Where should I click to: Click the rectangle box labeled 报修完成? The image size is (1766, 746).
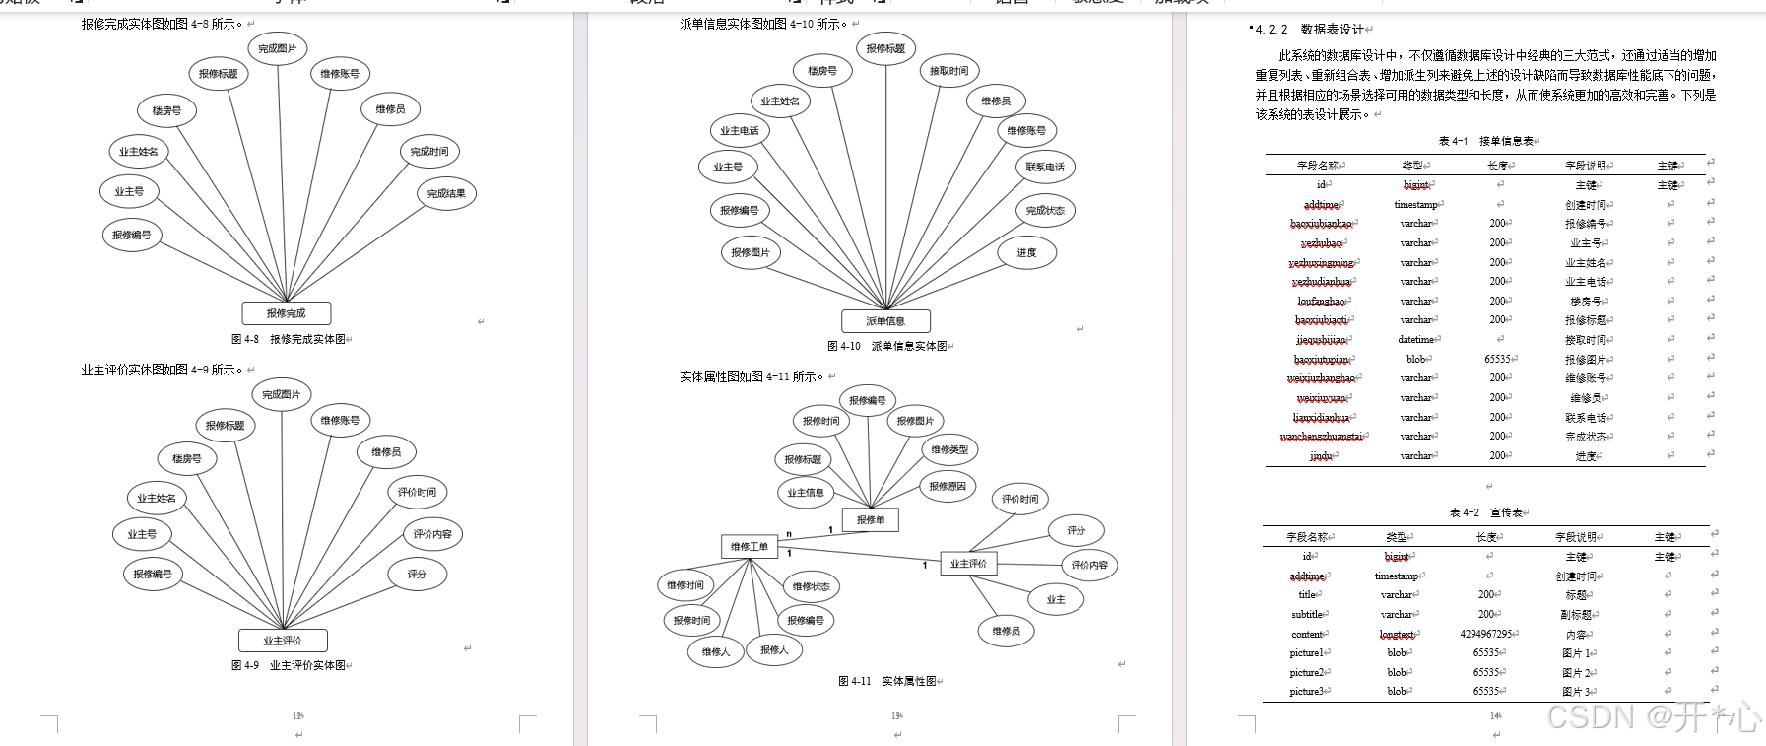tap(286, 313)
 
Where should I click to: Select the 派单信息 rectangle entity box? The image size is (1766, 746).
tap(884, 321)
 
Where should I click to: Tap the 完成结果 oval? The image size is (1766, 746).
tap(446, 193)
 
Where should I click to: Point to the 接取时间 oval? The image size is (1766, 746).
tap(948, 71)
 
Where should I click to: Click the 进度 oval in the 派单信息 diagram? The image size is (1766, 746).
tap(1026, 253)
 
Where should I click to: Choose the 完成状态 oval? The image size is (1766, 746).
tap(1044, 210)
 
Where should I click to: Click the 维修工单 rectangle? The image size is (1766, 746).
tap(750, 546)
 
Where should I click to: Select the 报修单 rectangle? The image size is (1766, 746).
tap(870, 519)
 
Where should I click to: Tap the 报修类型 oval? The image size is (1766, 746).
tap(949, 449)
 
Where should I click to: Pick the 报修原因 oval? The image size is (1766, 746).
tap(948, 486)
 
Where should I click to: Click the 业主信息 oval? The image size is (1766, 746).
tap(806, 492)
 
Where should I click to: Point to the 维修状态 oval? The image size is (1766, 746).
tap(811, 586)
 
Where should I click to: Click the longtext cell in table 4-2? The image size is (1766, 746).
tap(1397, 635)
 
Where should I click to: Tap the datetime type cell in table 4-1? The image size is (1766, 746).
tap(1415, 340)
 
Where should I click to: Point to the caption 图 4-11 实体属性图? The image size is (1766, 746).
tap(887, 681)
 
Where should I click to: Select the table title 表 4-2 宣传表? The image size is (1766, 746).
tap(1487, 512)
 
